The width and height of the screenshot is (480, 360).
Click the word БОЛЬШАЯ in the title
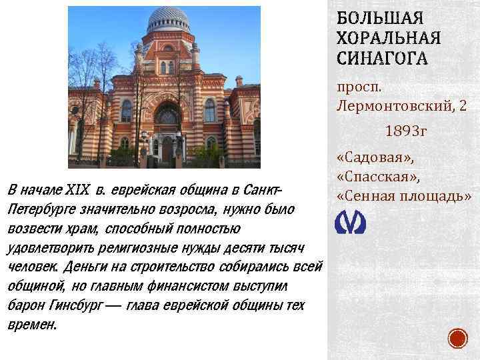pyautogui.click(x=376, y=17)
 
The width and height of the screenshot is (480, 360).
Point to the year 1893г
pyautogui.click(x=405, y=131)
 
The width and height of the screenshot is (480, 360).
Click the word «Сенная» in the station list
pyautogui.click(x=367, y=197)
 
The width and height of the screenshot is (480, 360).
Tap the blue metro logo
pyautogui.click(x=351, y=223)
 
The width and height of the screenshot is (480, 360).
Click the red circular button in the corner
pyautogui.click(x=458, y=339)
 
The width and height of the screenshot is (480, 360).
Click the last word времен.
pyautogui.click(x=31, y=325)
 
